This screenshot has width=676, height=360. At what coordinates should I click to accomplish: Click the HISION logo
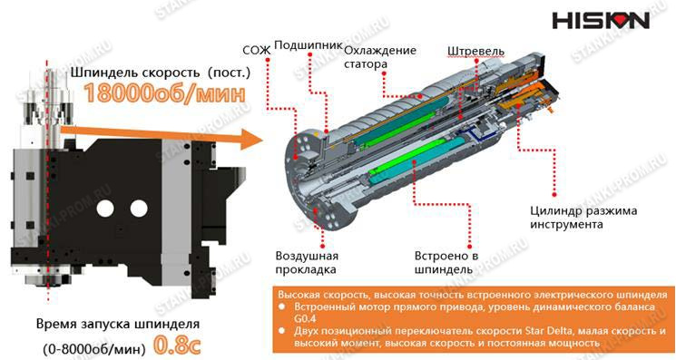(x=601, y=20)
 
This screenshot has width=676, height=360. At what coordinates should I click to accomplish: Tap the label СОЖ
(x=256, y=51)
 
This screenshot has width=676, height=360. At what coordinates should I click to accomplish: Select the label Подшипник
(x=309, y=45)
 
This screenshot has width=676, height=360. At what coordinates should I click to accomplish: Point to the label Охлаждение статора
(x=380, y=57)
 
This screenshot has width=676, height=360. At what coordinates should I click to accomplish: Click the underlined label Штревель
(x=475, y=52)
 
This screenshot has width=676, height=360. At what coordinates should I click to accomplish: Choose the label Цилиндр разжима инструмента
(x=583, y=218)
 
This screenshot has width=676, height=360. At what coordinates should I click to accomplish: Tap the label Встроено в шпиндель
(x=446, y=262)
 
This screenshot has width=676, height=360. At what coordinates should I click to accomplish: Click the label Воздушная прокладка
(x=307, y=263)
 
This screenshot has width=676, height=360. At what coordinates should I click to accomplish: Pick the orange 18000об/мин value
(x=164, y=93)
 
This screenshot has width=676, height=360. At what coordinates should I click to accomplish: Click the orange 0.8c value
(x=177, y=345)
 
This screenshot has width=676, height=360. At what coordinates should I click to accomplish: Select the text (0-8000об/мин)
(x=94, y=348)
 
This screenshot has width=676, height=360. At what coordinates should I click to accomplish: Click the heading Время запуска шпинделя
(x=118, y=324)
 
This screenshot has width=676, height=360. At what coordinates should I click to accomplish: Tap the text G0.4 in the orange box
(x=305, y=319)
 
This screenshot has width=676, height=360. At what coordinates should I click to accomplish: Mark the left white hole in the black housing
(x=105, y=209)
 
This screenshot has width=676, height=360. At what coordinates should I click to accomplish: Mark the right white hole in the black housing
(x=139, y=209)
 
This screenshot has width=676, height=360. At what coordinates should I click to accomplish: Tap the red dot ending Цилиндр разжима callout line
(x=554, y=195)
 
